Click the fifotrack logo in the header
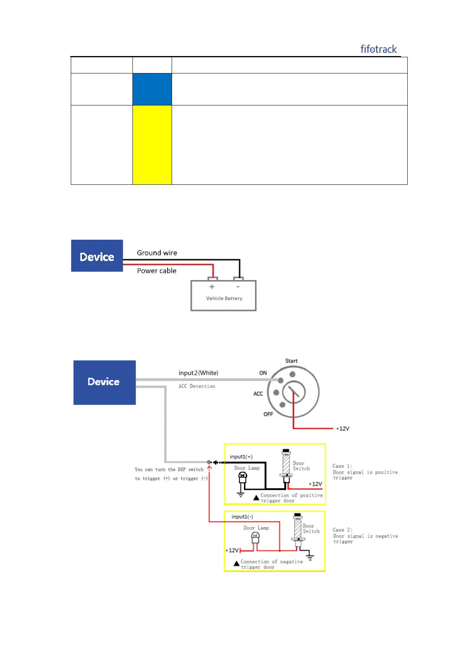click(x=378, y=49)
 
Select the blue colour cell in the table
click(x=152, y=89)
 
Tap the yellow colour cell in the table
click(x=152, y=145)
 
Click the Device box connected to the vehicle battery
click(x=97, y=256)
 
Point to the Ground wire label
click(x=157, y=253)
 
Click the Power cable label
click(x=157, y=271)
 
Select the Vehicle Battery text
click(x=224, y=299)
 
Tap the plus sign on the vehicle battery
click(x=212, y=287)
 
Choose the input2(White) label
click(x=198, y=373)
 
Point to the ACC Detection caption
click(x=197, y=386)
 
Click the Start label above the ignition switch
click(x=291, y=361)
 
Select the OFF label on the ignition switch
click(x=268, y=414)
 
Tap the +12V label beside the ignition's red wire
click(x=342, y=428)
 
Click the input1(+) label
click(x=241, y=456)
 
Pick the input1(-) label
click(x=242, y=517)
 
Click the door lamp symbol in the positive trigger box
click(x=242, y=477)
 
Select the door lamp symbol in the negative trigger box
click(x=255, y=537)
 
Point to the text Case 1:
click(x=342, y=466)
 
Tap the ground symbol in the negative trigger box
click(x=310, y=557)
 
